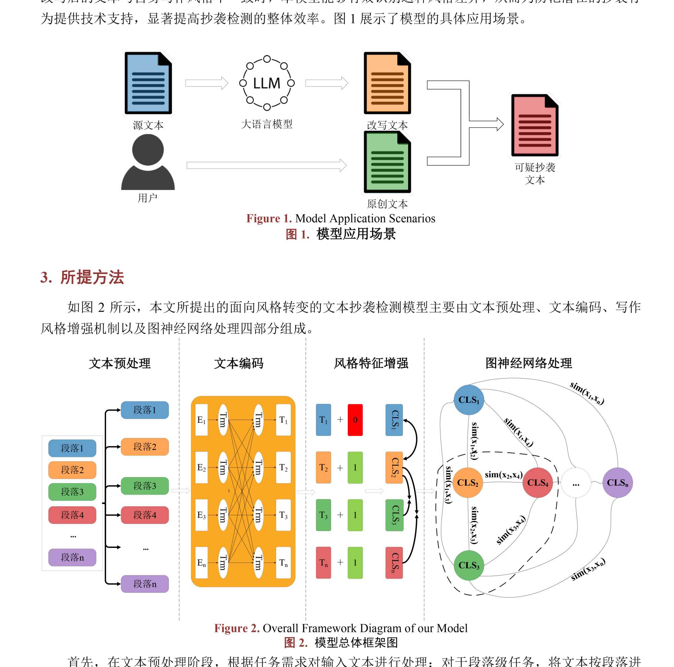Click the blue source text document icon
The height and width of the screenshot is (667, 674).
[x=148, y=83]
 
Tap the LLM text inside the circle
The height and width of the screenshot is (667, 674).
[x=267, y=83]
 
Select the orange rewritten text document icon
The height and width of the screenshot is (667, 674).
[x=387, y=83]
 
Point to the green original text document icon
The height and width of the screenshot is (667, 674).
[x=387, y=162]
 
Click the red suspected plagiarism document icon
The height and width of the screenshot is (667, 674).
[x=534, y=126]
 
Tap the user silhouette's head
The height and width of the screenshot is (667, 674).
[x=148, y=149]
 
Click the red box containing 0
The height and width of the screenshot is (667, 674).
[x=355, y=420]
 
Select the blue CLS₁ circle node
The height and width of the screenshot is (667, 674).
[x=468, y=400]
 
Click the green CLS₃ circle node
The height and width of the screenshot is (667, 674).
[x=468, y=565]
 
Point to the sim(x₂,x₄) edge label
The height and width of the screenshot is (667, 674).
[x=503, y=475]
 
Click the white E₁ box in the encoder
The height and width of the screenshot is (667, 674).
[x=201, y=420]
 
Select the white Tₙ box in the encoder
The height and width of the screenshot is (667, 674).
[x=283, y=563]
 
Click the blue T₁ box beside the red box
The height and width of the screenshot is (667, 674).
[x=324, y=420]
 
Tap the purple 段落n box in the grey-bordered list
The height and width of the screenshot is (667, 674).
[x=72, y=557]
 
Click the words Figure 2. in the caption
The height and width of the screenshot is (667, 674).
[x=237, y=628]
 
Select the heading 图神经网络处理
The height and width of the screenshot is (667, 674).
[x=528, y=363]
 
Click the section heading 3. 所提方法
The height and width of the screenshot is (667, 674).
[x=82, y=277]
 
